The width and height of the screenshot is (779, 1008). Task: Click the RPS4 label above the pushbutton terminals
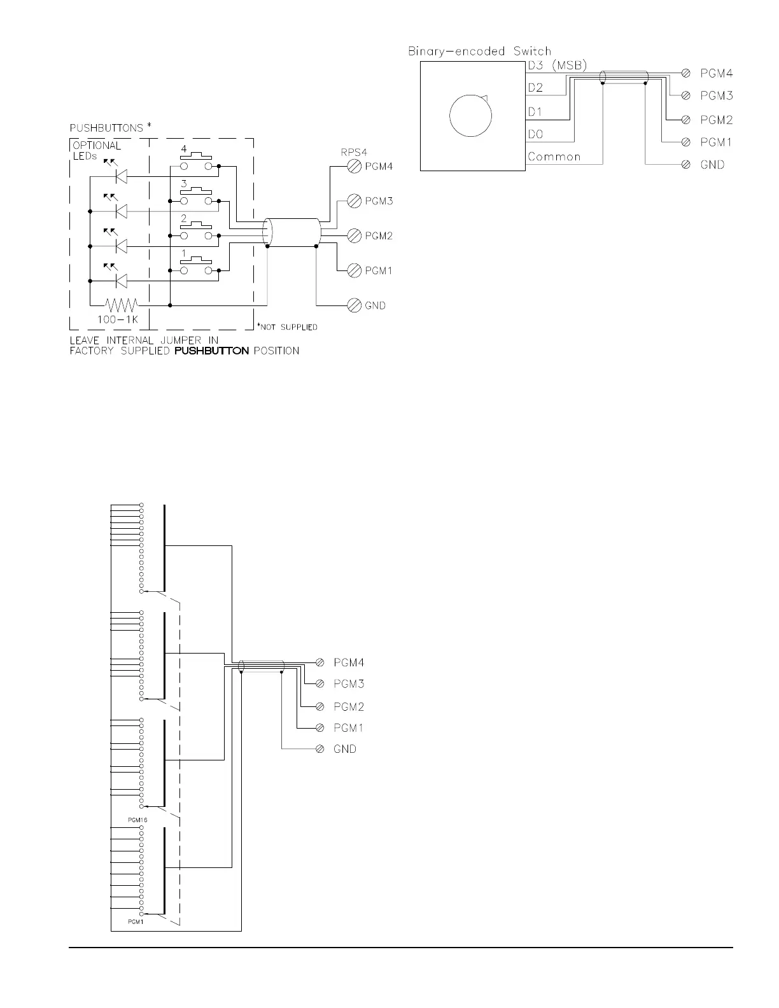pyautogui.click(x=354, y=152)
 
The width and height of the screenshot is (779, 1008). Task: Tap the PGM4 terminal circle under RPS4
pyautogui.click(x=354, y=166)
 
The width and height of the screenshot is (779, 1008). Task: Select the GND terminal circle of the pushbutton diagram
pyautogui.click(x=354, y=305)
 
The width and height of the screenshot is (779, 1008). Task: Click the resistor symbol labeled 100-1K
pyautogui.click(x=121, y=305)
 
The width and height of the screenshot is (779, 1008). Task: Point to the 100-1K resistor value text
pyautogui.click(x=117, y=319)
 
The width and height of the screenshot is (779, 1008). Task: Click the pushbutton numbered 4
pyautogui.click(x=196, y=160)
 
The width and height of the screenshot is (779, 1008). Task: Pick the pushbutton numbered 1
pyautogui.click(x=196, y=265)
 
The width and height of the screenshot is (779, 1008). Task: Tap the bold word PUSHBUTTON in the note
pyautogui.click(x=211, y=351)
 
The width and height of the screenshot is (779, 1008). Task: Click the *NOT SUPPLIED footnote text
pyautogui.click(x=288, y=327)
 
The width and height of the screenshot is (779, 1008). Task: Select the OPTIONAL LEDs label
pyautogui.click(x=96, y=151)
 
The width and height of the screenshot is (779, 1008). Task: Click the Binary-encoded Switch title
pyautogui.click(x=480, y=51)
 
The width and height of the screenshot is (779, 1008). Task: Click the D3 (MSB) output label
pyautogui.click(x=558, y=66)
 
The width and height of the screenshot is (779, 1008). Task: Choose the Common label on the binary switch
pyautogui.click(x=554, y=157)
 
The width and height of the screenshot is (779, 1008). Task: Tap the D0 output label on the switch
pyautogui.click(x=535, y=134)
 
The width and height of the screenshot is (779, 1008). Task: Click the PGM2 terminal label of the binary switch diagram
pyautogui.click(x=717, y=120)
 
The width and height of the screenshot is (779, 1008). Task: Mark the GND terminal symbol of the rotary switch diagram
pyautogui.click(x=319, y=749)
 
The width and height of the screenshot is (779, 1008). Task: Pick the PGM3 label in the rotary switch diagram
pyautogui.click(x=349, y=683)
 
